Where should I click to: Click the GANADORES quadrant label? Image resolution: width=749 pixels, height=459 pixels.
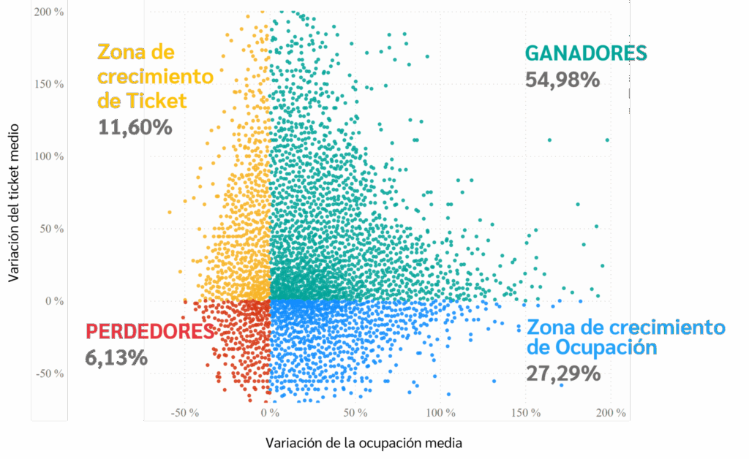(x=586, y=53)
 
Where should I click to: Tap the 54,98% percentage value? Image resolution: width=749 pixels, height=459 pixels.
(x=562, y=79)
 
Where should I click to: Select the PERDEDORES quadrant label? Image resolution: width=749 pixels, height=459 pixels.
(x=151, y=331)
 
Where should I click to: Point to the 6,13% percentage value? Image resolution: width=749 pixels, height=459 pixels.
(x=116, y=357)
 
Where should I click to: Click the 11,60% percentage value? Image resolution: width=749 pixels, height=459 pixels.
(x=135, y=126)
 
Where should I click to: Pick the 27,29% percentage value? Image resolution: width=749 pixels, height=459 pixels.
(x=563, y=373)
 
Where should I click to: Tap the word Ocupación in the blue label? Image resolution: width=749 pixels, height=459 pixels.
(x=606, y=346)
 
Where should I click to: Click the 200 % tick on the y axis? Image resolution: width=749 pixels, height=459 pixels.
(x=48, y=12)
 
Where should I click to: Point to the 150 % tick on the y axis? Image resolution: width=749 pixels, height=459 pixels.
(x=48, y=84)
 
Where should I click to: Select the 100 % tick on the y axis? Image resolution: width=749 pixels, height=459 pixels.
(x=48, y=156)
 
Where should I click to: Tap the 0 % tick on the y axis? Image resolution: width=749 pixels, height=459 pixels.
(x=53, y=301)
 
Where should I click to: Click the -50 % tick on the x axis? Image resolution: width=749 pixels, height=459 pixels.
(x=185, y=413)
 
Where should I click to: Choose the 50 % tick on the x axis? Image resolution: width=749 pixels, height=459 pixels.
(x=355, y=413)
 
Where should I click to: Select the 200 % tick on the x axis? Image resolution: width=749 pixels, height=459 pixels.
(x=611, y=413)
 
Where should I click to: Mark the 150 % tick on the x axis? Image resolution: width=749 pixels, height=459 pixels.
(x=526, y=413)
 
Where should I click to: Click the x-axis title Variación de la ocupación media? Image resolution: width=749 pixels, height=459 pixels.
(x=364, y=443)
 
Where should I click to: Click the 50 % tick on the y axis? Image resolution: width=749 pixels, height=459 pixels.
(x=50, y=229)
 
